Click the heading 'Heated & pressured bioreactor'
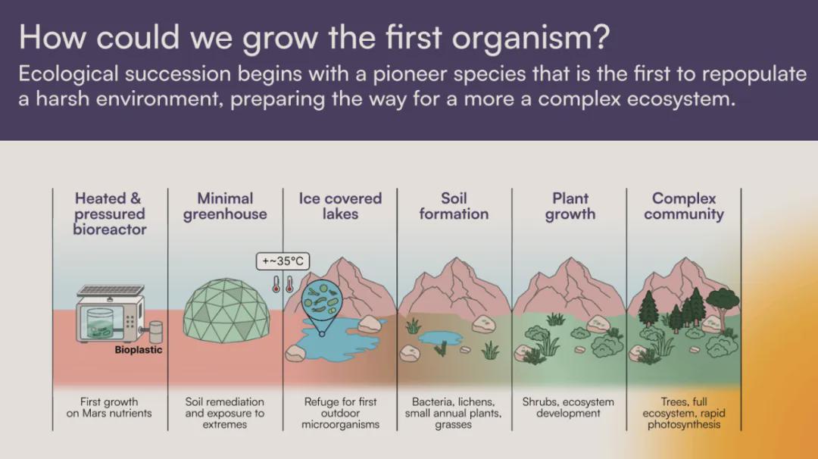click(110, 214)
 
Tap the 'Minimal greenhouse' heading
click(225, 207)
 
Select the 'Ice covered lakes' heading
click(340, 206)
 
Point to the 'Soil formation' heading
click(454, 207)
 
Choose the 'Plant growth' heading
click(570, 207)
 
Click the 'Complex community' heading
click(684, 207)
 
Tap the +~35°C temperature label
click(283, 261)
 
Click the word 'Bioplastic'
click(139, 350)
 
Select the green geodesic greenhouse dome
click(226, 311)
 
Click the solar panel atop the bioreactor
click(110, 291)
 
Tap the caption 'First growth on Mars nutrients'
click(109, 407)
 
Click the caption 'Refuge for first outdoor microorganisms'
click(340, 413)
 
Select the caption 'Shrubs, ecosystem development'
click(568, 407)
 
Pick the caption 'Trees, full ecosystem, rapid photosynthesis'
click(684, 413)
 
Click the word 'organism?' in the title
click(530, 38)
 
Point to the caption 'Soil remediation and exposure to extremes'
click(225, 413)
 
